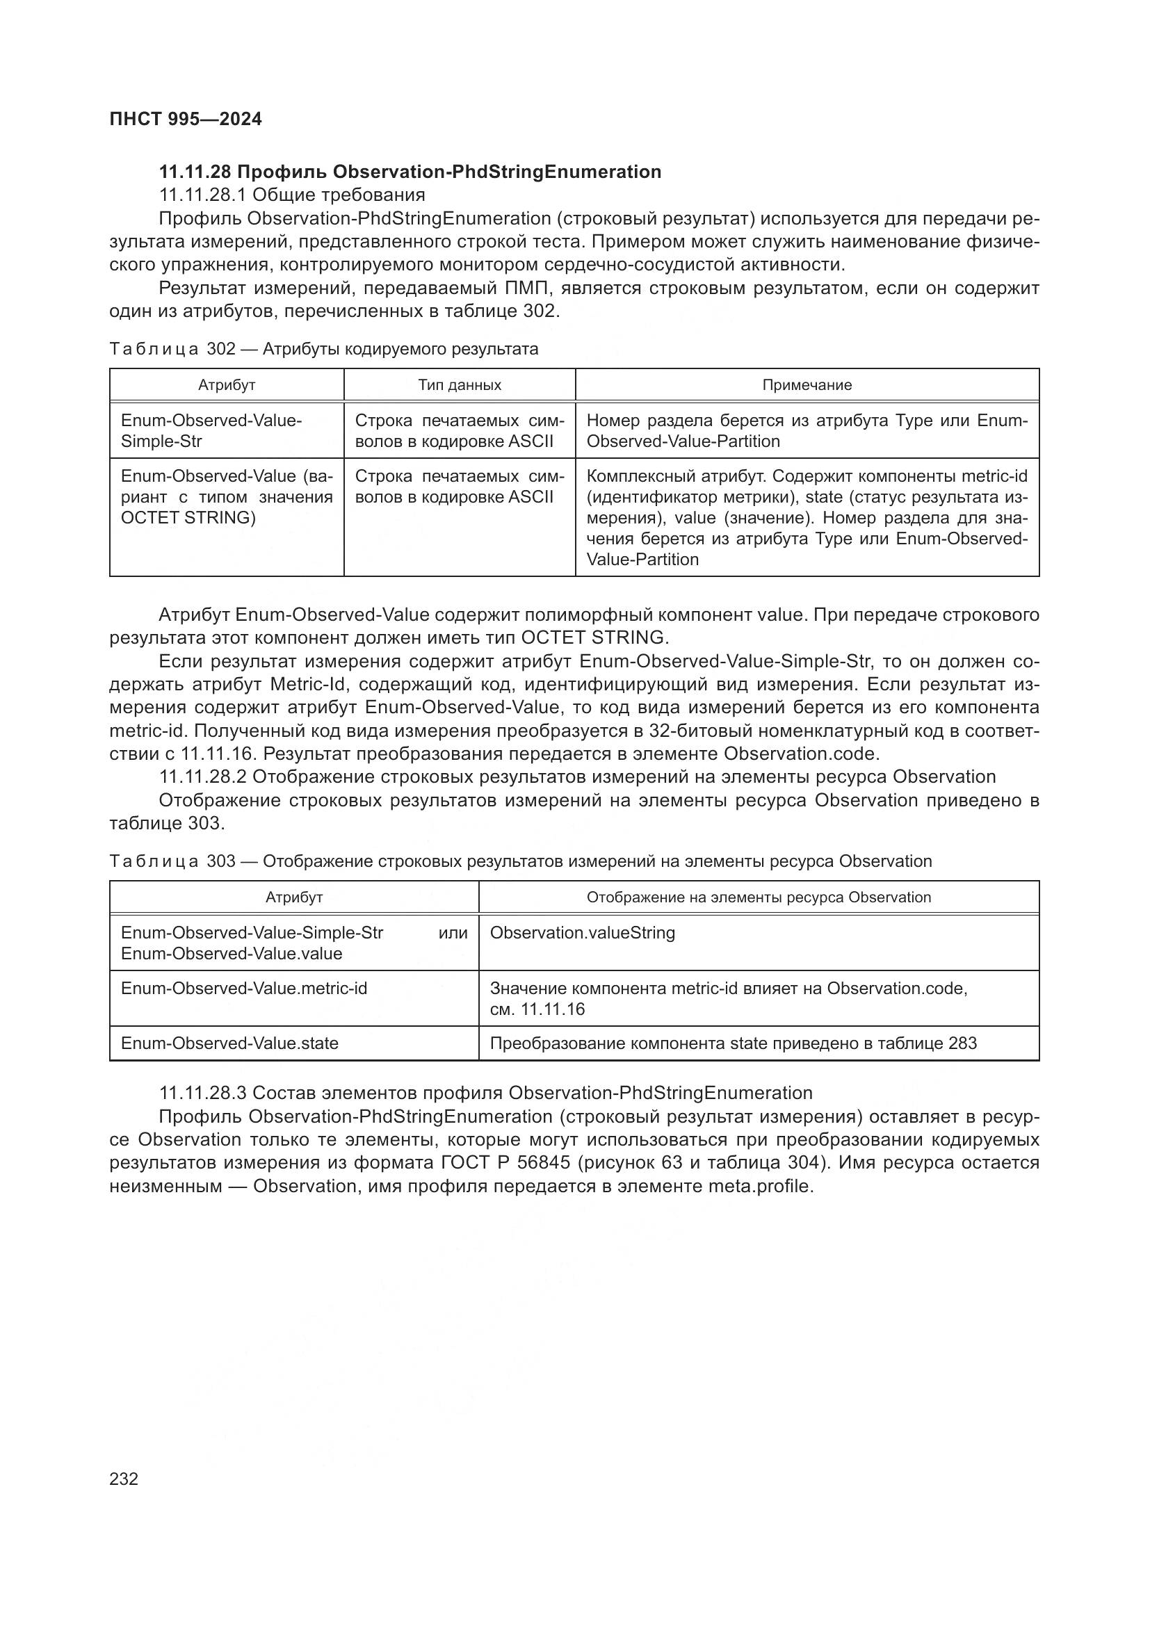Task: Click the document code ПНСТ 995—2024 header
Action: [186, 119]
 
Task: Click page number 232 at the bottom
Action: [124, 1479]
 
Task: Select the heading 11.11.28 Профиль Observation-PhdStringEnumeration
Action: [410, 172]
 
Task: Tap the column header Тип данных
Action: [459, 384]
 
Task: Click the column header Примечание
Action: [807, 384]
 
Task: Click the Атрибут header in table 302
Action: [227, 384]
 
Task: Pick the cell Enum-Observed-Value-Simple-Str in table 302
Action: [211, 430]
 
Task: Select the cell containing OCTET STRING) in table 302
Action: [188, 518]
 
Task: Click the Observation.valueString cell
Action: [582, 933]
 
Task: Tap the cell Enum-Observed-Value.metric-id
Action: [243, 988]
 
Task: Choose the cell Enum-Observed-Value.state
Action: [229, 1043]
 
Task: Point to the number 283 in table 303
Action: [962, 1043]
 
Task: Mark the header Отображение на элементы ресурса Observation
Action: [759, 897]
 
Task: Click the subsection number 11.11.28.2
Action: [202, 777]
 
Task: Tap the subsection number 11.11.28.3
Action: [202, 1093]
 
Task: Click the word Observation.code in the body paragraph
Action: [801, 754]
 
